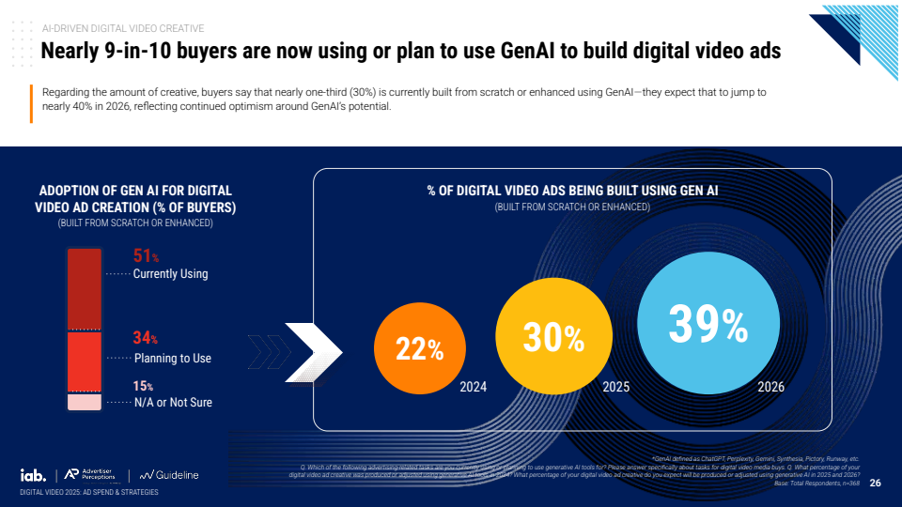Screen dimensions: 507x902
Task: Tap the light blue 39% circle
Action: click(x=708, y=325)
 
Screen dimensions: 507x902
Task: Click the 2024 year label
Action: click(x=474, y=386)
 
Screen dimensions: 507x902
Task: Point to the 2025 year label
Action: click(x=616, y=386)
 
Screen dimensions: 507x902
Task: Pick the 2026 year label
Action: click(x=770, y=386)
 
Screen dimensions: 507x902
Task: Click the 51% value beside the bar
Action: click(x=146, y=256)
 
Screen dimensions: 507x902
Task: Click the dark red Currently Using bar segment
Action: click(x=84, y=288)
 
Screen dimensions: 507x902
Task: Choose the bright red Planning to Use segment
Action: click(x=84, y=361)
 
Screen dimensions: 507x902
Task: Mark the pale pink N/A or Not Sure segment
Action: click(x=84, y=401)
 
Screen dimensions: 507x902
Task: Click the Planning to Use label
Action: click(x=172, y=358)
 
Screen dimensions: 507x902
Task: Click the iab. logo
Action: click(x=34, y=474)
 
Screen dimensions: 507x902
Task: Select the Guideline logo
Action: click(x=170, y=475)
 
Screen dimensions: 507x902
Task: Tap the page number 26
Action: click(x=875, y=484)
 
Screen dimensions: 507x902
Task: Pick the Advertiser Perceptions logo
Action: click(x=93, y=475)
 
